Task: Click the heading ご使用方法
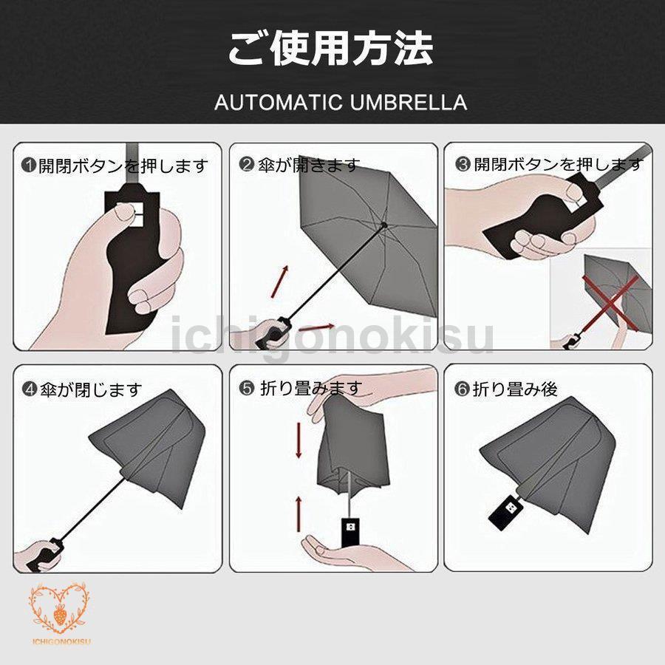tap(331, 48)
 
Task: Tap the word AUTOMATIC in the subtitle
tap(279, 103)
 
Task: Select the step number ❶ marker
tap(29, 165)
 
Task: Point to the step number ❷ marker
tap(246, 164)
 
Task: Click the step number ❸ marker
tap(463, 164)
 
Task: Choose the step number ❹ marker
tap(30, 389)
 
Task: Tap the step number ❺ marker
tap(246, 388)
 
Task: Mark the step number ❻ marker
tap(461, 389)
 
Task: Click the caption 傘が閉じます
tap(91, 389)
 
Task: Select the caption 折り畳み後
tap(514, 389)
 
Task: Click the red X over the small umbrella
tap(610, 302)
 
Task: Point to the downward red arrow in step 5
tap(299, 440)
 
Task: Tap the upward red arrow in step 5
tap(299, 514)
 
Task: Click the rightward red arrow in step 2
tap(316, 327)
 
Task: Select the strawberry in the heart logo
tap(60, 615)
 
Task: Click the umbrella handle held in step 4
tap(44, 555)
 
